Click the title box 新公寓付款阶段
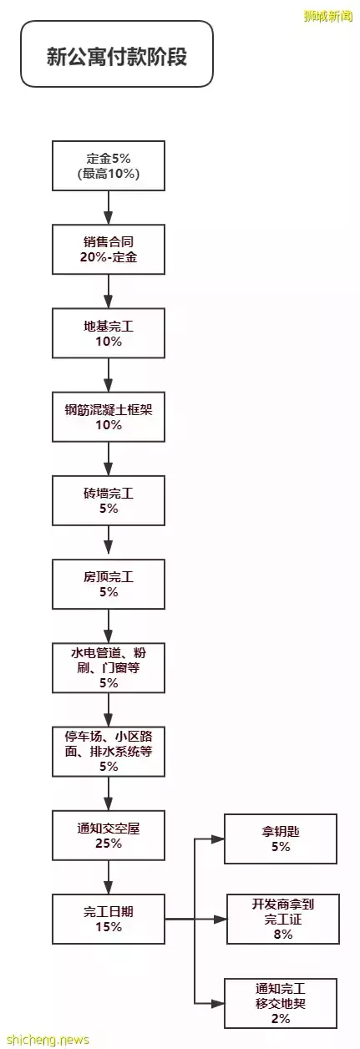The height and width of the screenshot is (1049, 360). click(117, 53)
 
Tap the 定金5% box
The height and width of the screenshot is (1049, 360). click(108, 165)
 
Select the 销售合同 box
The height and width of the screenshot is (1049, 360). click(108, 249)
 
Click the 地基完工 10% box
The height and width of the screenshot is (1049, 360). click(108, 333)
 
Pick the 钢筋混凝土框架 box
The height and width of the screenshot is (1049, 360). click(108, 417)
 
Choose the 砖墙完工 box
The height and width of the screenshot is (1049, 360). click(108, 500)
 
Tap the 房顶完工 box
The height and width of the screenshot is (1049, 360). click(108, 584)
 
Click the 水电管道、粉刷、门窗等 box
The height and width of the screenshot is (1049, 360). click(108, 668)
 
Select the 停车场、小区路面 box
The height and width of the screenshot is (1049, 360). click(108, 751)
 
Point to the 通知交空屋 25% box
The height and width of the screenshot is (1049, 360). click(108, 835)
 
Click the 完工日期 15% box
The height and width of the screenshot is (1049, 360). click(108, 919)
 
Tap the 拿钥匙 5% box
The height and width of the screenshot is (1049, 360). click(281, 839)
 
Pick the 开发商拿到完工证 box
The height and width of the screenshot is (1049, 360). click(283, 919)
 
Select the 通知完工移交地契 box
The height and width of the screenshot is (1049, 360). click(281, 1003)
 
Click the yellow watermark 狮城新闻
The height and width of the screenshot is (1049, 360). click(327, 17)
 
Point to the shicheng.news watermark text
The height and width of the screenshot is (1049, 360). click(48, 1040)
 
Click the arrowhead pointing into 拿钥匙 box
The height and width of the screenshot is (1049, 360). click(218, 839)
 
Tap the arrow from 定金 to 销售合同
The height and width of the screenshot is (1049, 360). click(108, 207)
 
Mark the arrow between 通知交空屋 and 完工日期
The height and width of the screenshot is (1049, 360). click(108, 877)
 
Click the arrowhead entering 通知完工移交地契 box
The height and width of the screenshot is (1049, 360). click(218, 1003)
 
